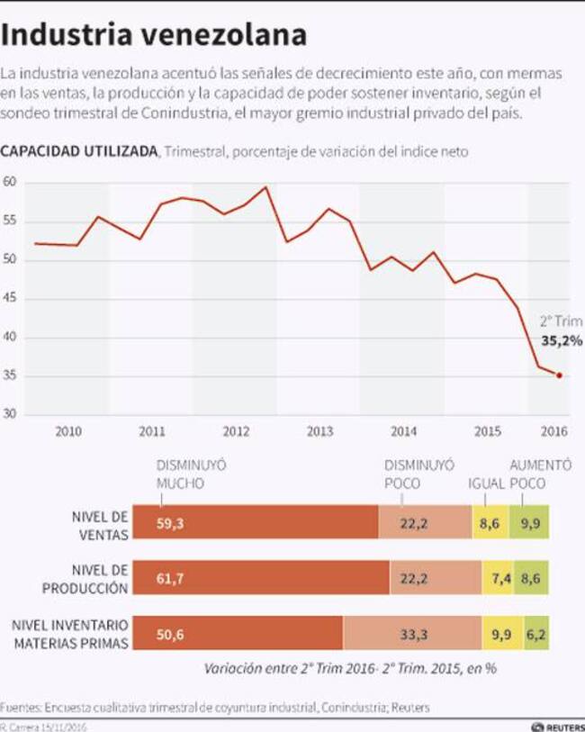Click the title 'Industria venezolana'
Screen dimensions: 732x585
click(154, 34)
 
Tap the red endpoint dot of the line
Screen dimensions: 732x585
click(559, 375)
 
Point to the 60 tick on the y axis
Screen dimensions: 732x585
click(10, 183)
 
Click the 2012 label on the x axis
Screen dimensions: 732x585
click(236, 431)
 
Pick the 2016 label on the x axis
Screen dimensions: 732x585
click(554, 431)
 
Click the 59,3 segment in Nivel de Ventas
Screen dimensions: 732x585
click(256, 523)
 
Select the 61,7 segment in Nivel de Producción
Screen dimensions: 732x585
click(261, 578)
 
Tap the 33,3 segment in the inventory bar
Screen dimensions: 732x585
click(412, 634)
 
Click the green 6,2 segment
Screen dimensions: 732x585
click(537, 634)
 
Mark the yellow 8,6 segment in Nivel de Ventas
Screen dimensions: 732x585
click(490, 523)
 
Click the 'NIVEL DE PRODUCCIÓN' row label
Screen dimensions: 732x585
click(85, 578)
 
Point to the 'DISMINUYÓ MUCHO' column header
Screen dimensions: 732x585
click(191, 474)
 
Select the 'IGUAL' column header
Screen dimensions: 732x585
click(486, 483)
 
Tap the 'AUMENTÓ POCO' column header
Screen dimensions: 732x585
click(540, 474)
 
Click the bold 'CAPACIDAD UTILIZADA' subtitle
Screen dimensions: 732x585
click(79, 151)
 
